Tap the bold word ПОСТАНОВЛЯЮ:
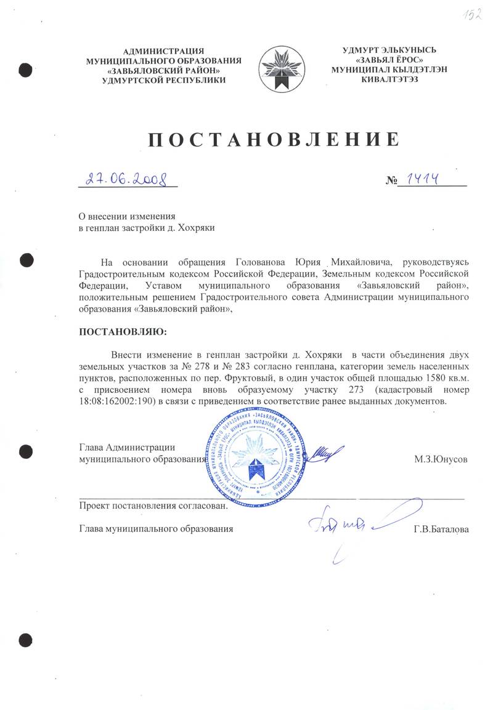click(123, 332)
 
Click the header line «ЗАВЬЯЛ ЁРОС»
click(390, 60)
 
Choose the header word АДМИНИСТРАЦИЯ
click(163, 50)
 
